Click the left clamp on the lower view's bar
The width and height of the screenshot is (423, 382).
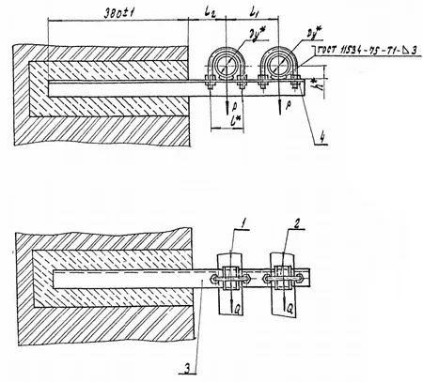click(x=228, y=278)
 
